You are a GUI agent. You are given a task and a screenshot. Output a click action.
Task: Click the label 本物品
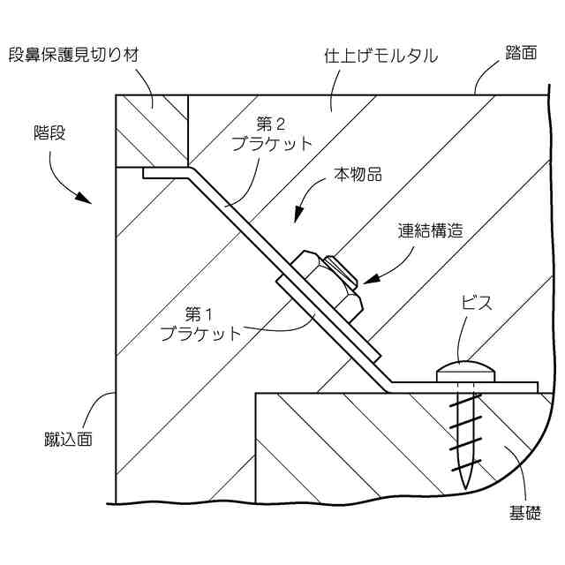[358, 175]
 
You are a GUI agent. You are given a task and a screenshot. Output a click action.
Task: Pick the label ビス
[476, 303]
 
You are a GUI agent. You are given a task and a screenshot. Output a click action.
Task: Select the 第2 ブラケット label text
[282, 134]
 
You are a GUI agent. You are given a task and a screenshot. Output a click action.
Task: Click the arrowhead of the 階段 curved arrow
[86, 199]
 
